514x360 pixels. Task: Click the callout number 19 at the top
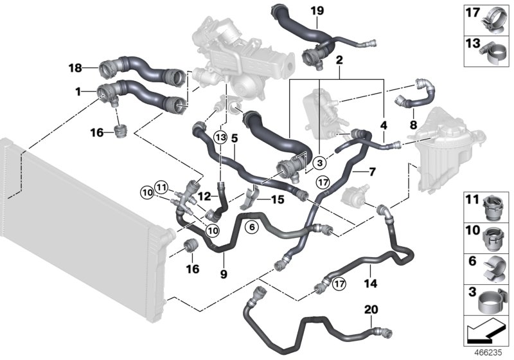[x=317, y=11]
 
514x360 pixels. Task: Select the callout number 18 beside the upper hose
[x=75, y=67]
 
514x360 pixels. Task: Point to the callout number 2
[x=338, y=60]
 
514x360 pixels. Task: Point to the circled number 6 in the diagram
[x=252, y=226]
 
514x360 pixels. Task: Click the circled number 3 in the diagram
[x=319, y=163]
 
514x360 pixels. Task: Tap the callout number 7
[x=371, y=173]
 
